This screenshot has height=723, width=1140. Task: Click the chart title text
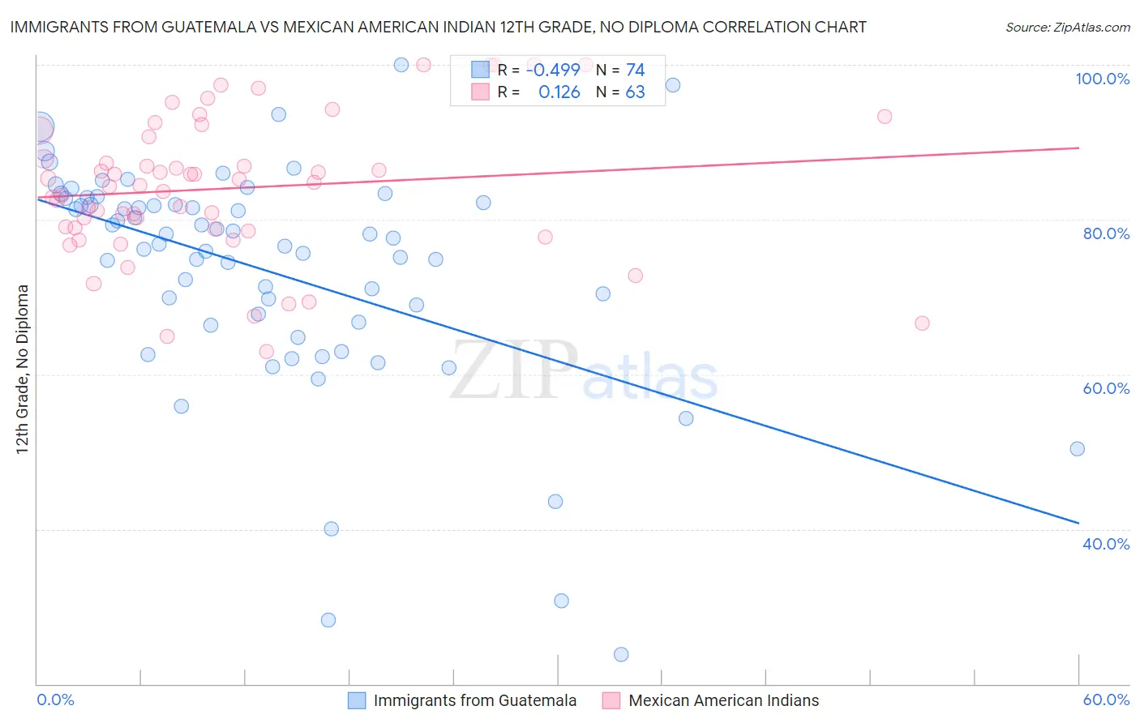(438, 28)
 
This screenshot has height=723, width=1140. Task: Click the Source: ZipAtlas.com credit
(1067, 28)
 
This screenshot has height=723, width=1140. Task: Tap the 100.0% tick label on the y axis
(1102, 79)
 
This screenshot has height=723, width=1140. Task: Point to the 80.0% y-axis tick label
(1106, 234)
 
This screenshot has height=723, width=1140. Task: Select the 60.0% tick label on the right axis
(1106, 389)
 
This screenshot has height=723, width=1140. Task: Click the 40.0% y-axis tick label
(1106, 544)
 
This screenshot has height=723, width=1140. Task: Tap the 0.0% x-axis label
(56, 700)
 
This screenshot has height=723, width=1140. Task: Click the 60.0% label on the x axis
(1106, 700)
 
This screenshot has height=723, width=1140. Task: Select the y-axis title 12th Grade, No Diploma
(23, 369)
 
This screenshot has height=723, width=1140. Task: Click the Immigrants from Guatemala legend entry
(474, 701)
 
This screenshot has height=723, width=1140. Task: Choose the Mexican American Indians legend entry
(723, 701)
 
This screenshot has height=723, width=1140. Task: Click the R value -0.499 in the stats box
(553, 71)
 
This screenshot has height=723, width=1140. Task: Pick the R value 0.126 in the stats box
(559, 92)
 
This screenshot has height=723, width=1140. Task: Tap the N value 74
(635, 71)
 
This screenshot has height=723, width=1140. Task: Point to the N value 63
(635, 92)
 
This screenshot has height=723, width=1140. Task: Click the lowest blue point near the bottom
(621, 655)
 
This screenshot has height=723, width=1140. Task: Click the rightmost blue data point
(1077, 449)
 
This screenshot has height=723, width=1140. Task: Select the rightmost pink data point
(922, 323)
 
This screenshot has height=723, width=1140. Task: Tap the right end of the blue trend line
(1078, 523)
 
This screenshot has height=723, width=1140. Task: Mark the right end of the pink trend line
(1078, 148)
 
